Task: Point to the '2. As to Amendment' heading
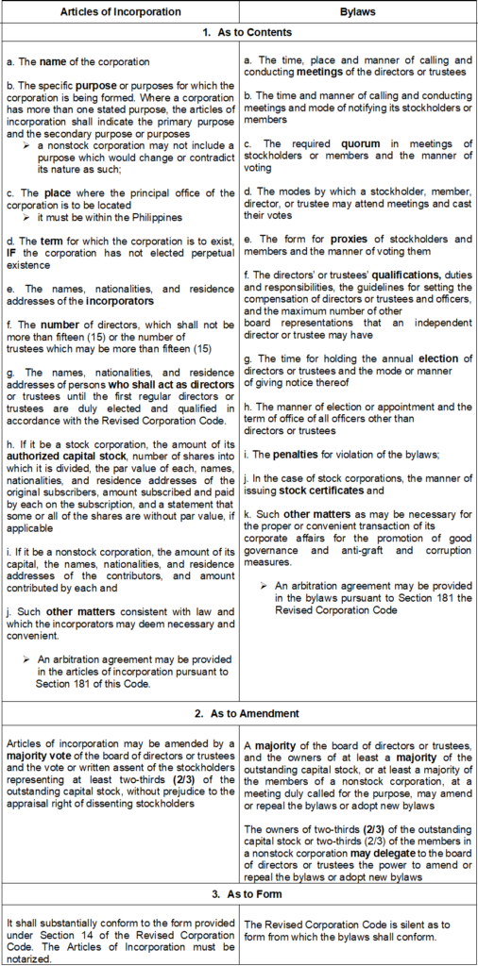239,714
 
